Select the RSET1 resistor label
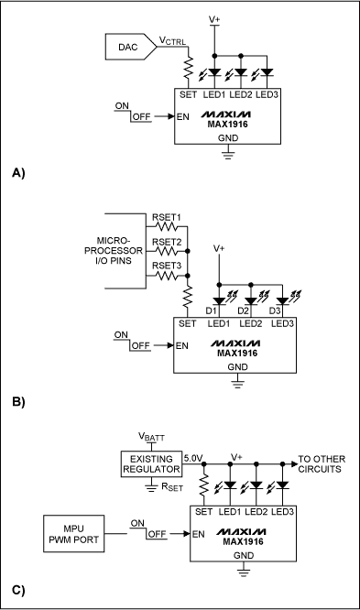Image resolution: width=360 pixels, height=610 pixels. click(167, 218)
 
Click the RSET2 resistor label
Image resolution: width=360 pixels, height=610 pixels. click(167, 243)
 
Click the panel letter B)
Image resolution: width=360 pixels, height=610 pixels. click(17, 401)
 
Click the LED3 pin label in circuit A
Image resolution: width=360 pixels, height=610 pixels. click(268, 94)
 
